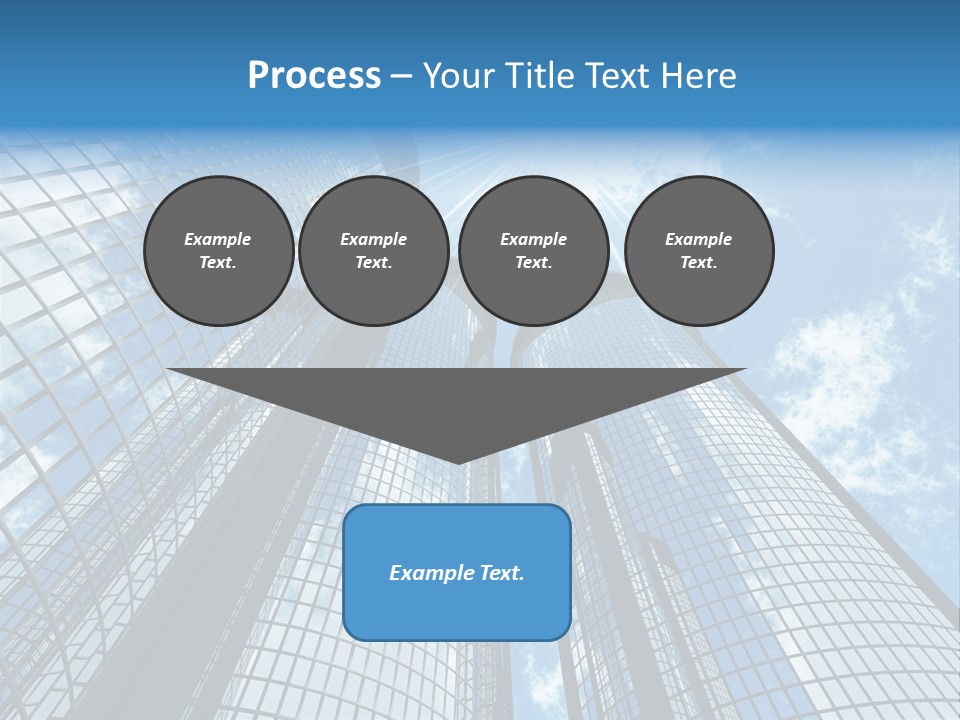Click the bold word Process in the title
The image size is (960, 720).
(x=314, y=76)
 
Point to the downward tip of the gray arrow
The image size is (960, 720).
(x=458, y=461)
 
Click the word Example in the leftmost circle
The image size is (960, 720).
(x=218, y=239)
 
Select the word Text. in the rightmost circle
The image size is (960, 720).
(x=699, y=262)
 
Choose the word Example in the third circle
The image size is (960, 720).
(x=533, y=239)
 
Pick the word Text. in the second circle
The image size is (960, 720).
(x=373, y=262)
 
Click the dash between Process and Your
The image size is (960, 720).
(x=401, y=76)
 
